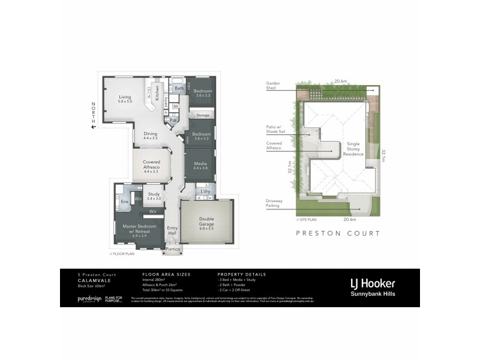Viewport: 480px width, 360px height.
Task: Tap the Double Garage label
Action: [x=206, y=221]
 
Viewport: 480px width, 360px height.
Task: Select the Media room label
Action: [x=200, y=165]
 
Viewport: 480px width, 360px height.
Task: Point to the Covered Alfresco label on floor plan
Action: [x=151, y=164]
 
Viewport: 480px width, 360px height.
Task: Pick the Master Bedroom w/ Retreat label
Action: [x=139, y=229]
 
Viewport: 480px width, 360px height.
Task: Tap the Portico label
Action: [x=173, y=248]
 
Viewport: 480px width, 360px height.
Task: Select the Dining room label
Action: [x=150, y=136]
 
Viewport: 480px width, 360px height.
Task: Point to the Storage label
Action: [x=203, y=114]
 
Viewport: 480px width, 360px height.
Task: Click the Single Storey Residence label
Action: [x=353, y=149]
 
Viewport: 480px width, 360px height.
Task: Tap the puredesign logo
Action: [x=89, y=298]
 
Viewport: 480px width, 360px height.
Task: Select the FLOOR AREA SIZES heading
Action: [x=163, y=274]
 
